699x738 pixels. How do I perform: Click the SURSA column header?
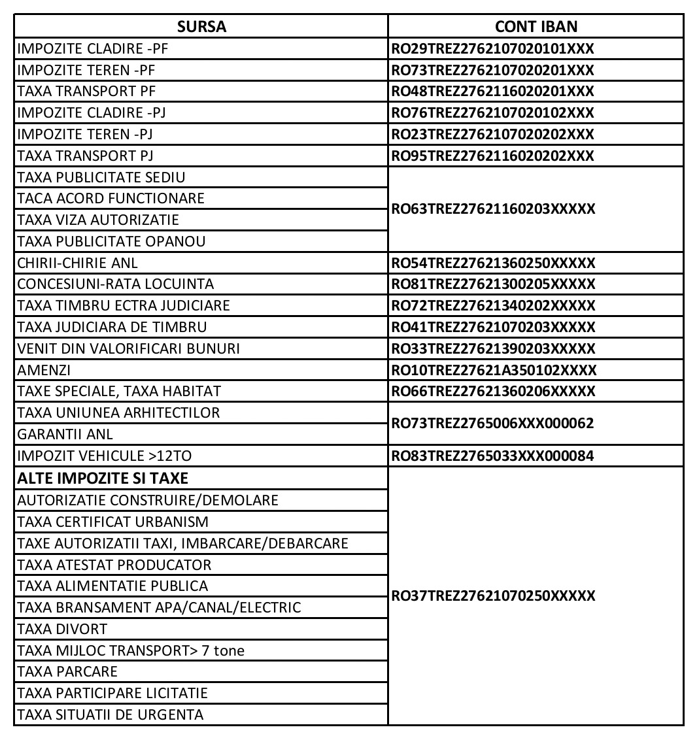pos(201,27)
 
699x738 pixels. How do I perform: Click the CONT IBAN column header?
pos(536,27)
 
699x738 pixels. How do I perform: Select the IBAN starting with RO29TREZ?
pos(492,48)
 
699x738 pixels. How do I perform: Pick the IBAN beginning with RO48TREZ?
pos(492,92)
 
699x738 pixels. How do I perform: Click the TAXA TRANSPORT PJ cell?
pos(86,156)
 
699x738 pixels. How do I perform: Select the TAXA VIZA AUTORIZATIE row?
pos(98,220)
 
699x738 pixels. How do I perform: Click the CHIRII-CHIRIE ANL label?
pos(78,263)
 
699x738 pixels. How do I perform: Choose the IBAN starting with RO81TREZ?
pos(493,284)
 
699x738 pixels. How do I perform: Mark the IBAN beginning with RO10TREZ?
pos(494,370)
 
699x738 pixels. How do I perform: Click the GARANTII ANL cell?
pos(65,434)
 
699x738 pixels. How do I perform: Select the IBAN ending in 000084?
pos(492,456)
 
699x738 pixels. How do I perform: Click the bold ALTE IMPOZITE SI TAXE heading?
pos(103,478)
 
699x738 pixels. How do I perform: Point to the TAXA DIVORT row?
pos(63,629)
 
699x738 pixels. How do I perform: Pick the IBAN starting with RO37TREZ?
pos(493,596)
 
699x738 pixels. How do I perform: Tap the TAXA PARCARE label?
pos(68,671)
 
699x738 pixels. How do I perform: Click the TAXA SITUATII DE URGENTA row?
pos(111,714)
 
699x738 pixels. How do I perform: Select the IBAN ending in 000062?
pos(492,423)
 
